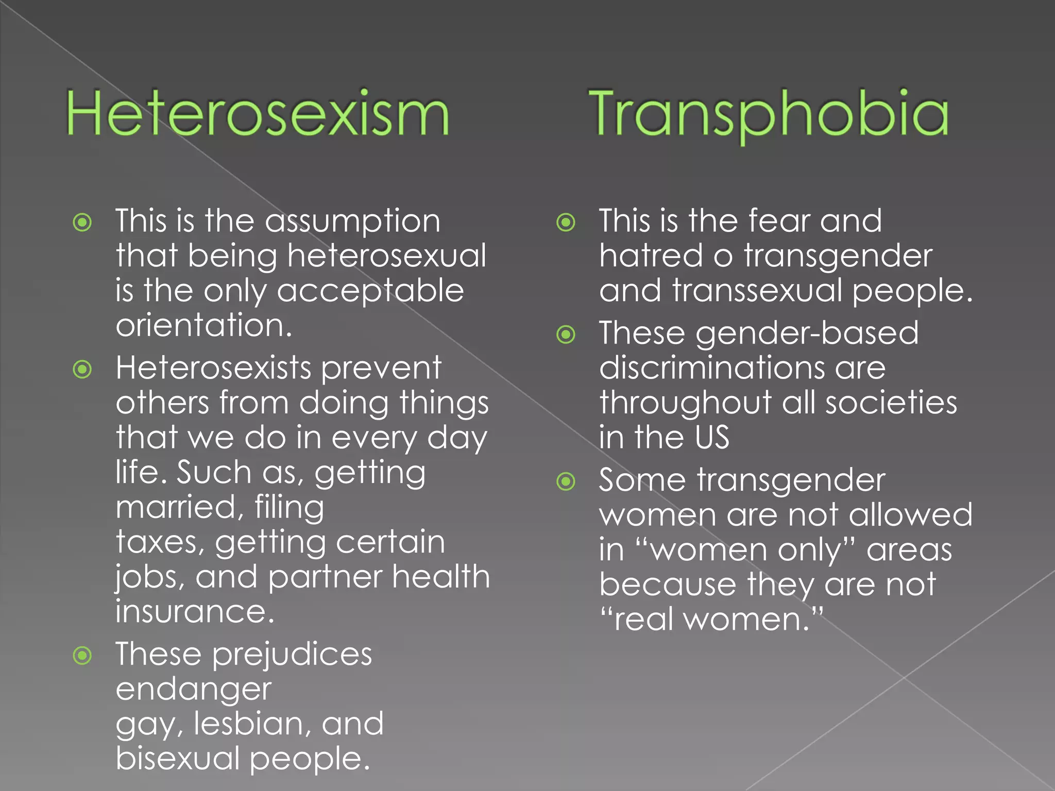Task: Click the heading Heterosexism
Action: tap(258, 113)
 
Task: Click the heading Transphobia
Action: tap(768, 113)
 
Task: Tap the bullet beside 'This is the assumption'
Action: tap(82, 223)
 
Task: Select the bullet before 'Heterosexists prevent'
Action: tap(82, 369)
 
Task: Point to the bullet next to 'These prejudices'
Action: tap(82, 656)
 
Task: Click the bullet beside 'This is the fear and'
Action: tap(566, 223)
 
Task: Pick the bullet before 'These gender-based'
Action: tap(566, 335)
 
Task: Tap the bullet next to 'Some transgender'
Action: tap(566, 482)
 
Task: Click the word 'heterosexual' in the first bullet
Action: tap(386, 255)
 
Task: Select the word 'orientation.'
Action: tap(204, 325)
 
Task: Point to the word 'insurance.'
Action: tap(195, 612)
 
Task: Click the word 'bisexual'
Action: tap(177, 759)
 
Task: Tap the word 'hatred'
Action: tap(651, 255)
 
